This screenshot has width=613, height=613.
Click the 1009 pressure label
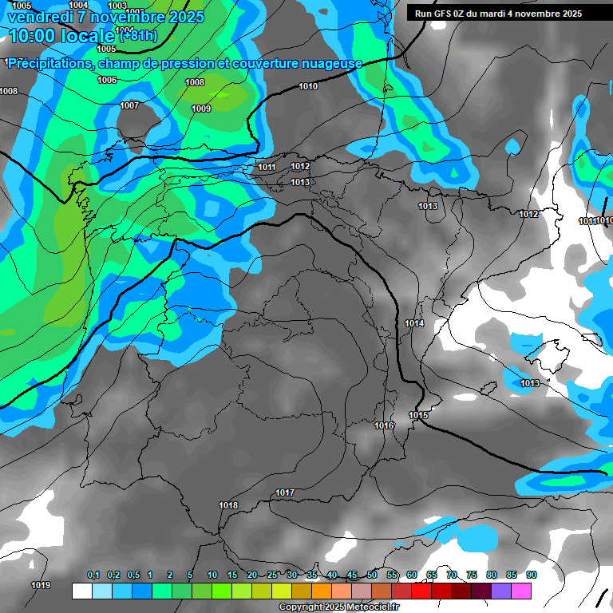tap(201, 109)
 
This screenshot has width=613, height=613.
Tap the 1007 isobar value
tap(129, 106)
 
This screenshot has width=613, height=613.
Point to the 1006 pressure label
tap(107, 81)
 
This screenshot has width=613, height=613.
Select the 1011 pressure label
tap(267, 168)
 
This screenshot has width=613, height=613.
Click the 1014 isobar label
tap(414, 324)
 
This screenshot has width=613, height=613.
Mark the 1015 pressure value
tap(418, 416)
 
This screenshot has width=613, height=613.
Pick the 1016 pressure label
tap(384, 426)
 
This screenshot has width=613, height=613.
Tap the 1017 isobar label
tap(284, 493)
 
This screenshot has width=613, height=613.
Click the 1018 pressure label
tap(228, 506)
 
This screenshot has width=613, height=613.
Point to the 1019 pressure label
tap(41, 586)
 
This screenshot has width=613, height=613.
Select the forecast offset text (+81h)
tap(138, 36)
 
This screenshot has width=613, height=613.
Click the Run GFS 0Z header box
tap(506, 14)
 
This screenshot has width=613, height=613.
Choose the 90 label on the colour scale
tap(531, 575)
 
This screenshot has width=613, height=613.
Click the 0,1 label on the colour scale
tap(93, 575)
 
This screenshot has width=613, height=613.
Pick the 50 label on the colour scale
tap(372, 575)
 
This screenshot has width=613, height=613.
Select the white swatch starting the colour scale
tap(81, 591)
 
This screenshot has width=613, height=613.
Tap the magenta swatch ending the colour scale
tap(521, 591)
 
